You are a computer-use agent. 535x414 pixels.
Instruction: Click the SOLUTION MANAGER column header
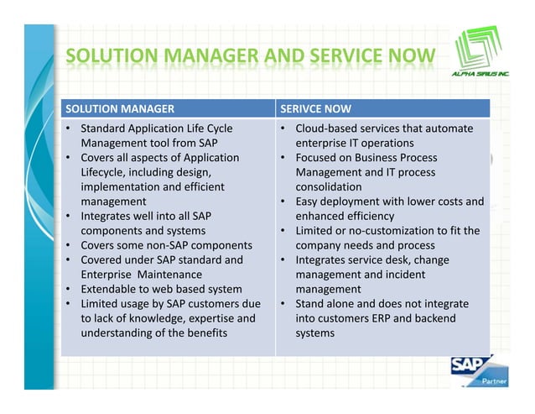pyautogui.click(x=119, y=108)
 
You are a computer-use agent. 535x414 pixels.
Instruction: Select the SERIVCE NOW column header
pyautogui.click(x=315, y=108)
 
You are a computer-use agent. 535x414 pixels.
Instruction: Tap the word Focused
pyautogui.click(x=318, y=158)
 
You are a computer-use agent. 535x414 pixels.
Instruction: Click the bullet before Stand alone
pyautogui.click(x=284, y=304)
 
